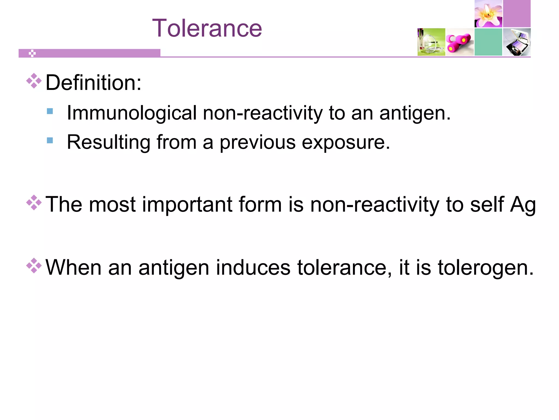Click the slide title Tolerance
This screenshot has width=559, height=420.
[x=207, y=28]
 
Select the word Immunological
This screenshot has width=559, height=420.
[x=132, y=113]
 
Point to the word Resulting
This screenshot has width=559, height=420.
[x=108, y=142]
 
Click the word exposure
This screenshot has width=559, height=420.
[x=346, y=142]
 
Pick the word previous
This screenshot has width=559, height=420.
[x=257, y=142]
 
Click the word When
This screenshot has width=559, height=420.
[x=73, y=267]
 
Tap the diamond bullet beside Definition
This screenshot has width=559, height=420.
[x=34, y=81]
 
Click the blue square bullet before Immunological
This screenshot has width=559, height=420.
[x=50, y=111]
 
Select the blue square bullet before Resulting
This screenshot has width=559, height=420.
[x=50, y=141]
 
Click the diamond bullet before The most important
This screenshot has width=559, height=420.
[x=34, y=203]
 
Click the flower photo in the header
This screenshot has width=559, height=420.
[x=488, y=14]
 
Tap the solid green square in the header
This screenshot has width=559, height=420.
[x=488, y=42]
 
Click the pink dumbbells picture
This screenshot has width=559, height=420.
[x=460, y=42]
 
